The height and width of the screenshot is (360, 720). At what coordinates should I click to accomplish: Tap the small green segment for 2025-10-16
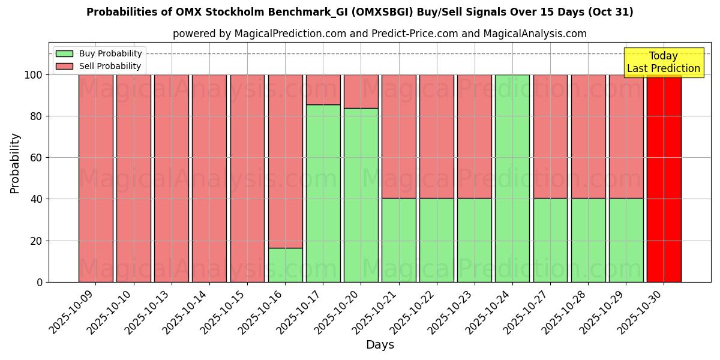click(x=285, y=265)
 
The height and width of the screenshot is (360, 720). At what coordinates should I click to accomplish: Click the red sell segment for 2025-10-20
click(x=361, y=91)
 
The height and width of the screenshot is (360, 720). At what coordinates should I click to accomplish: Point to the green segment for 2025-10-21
click(x=398, y=240)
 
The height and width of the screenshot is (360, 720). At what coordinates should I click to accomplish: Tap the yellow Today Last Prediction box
click(x=663, y=62)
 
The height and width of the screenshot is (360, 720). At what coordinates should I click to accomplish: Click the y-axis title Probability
click(x=15, y=163)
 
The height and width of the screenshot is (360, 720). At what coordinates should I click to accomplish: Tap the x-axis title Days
click(x=380, y=345)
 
